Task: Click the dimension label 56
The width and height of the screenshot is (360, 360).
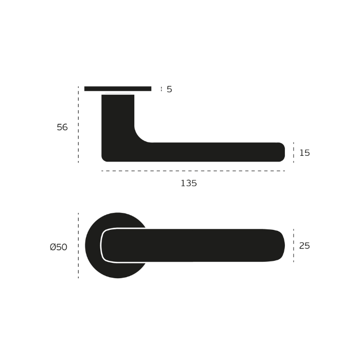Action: tap(62, 127)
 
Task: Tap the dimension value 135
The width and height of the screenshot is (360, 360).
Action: tap(189, 183)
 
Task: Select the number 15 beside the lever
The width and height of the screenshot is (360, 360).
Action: tap(304, 153)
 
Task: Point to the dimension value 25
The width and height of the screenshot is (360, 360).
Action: tap(304, 246)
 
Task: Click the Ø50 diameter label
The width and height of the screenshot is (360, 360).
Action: tap(59, 247)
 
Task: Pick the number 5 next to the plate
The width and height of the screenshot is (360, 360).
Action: tap(169, 89)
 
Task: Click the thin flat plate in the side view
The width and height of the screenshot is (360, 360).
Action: tap(118, 88)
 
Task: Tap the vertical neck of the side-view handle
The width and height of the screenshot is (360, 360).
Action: tap(118, 115)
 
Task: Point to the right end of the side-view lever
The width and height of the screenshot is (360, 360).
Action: tap(284, 152)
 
